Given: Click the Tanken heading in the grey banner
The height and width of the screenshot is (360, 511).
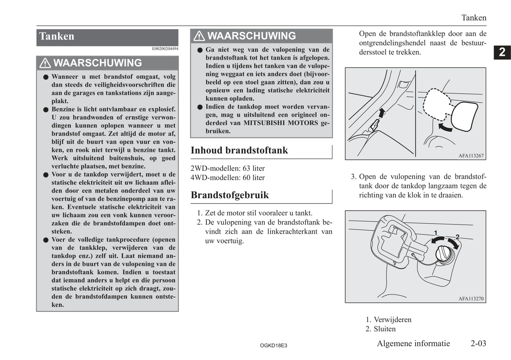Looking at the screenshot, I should (57, 36).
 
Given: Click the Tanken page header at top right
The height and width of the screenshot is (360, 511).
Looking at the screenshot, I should (474, 18).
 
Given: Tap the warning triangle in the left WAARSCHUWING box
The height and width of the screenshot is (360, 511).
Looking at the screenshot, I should (45, 63).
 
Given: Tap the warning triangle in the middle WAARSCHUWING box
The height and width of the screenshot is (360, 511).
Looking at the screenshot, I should (199, 36).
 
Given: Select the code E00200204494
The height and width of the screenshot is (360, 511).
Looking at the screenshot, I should (165, 49).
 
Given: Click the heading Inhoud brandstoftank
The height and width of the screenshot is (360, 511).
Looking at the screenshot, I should (239, 151).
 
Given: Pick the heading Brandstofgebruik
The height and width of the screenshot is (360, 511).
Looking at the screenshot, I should (230, 195).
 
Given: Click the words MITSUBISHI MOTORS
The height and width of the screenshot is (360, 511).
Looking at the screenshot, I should (280, 123).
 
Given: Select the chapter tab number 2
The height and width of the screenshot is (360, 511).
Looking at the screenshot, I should (502, 52).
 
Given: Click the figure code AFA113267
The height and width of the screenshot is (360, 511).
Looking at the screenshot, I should (471, 156).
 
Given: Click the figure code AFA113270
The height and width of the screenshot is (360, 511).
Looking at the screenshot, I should (471, 299).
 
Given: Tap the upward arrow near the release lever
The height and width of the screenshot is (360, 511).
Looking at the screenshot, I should (381, 113).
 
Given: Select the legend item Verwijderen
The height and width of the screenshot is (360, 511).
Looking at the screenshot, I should (392, 320).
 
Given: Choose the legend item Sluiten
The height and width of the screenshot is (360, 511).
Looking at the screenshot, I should (384, 329).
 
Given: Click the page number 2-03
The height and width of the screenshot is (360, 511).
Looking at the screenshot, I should (478, 343).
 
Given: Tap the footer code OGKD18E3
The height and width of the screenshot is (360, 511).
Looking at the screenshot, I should (273, 346).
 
